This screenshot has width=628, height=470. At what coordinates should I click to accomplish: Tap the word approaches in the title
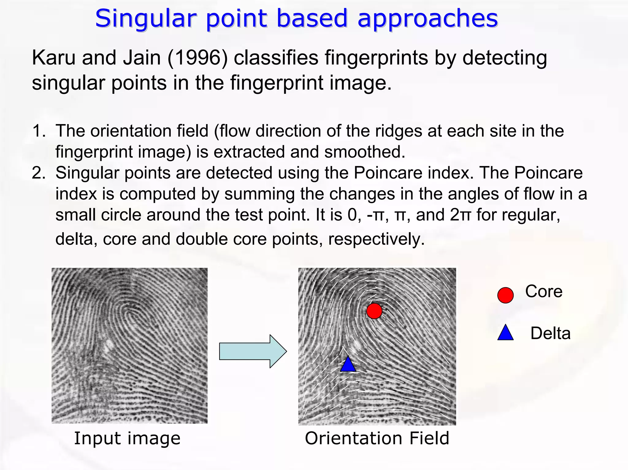[428, 19]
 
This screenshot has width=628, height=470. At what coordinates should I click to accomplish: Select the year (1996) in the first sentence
[198, 58]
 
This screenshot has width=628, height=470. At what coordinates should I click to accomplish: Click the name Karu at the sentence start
[54, 58]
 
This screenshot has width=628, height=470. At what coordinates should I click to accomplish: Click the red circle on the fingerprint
[374, 311]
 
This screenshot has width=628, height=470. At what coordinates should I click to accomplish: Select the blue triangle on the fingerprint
[348, 365]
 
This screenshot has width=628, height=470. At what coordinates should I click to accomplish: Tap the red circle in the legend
[505, 295]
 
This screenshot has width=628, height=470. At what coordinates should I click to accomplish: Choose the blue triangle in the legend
[505, 333]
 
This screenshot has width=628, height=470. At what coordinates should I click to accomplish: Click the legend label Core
[544, 291]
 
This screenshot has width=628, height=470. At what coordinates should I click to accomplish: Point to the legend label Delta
[550, 333]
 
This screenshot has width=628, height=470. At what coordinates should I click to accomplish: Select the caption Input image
[127, 438]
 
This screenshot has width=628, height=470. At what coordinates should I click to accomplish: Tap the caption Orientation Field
[377, 438]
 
